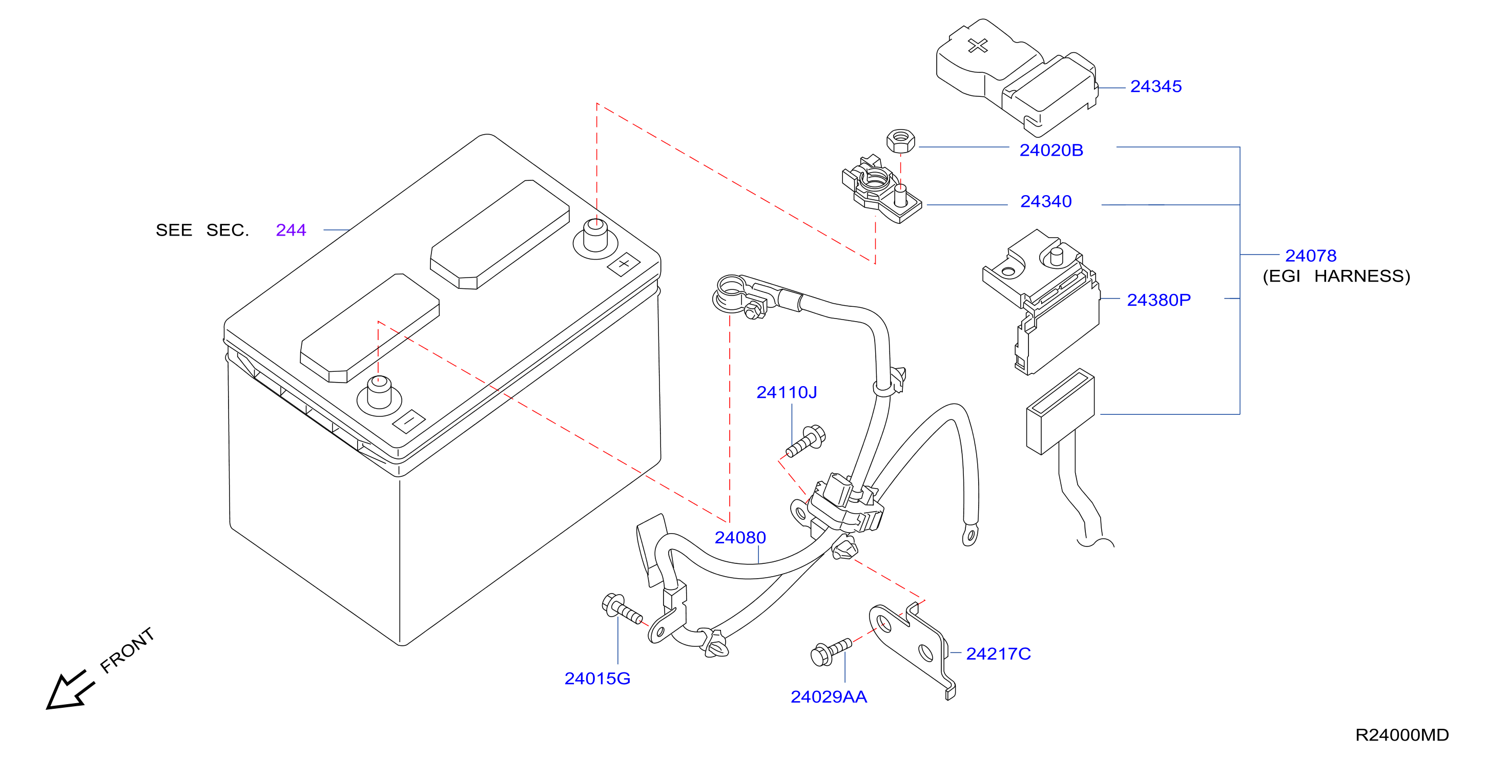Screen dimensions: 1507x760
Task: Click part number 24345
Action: (1155, 87)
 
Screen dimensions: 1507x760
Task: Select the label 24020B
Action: (1051, 150)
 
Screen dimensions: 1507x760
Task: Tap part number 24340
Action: (1046, 202)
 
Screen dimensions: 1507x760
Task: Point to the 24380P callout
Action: (1159, 300)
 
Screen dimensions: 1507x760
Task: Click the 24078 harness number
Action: (1310, 256)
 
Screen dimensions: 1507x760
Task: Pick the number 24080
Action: (740, 537)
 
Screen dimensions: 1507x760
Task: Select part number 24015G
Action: (597, 678)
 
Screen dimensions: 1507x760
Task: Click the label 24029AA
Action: (829, 697)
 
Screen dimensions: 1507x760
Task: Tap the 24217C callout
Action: (998, 653)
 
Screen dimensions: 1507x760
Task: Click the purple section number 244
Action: (291, 230)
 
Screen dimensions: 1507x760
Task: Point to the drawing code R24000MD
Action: (1401, 735)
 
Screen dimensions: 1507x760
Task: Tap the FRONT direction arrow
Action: (70, 690)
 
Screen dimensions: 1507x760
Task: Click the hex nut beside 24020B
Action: (901, 141)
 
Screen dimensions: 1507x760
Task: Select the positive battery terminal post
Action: (595, 236)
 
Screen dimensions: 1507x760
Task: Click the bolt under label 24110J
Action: (806, 442)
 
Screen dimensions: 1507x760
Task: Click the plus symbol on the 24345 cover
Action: (978, 46)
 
